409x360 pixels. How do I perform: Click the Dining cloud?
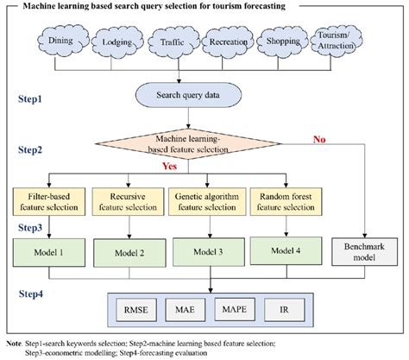63,41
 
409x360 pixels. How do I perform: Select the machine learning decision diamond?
204,143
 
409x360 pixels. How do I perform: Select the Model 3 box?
204,253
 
